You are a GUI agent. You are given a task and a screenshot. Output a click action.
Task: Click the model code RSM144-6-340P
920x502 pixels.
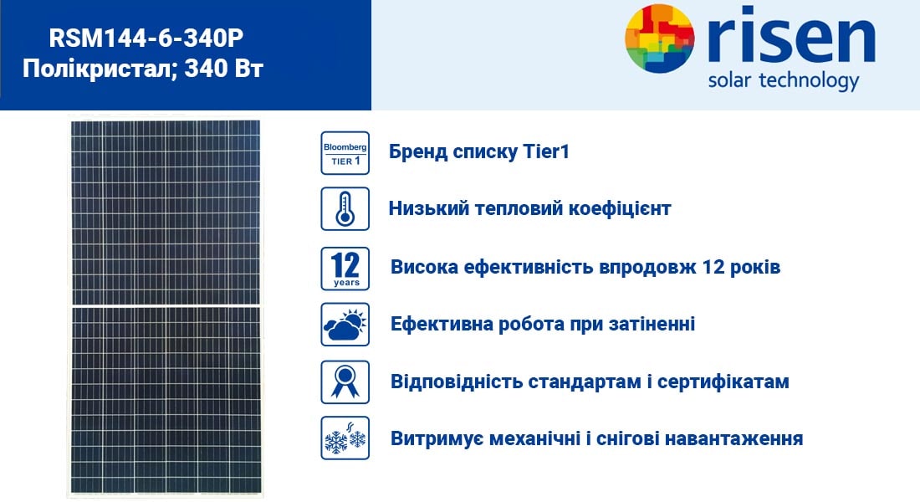click(146, 38)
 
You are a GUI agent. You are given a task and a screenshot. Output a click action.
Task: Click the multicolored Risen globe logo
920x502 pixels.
click(660, 38)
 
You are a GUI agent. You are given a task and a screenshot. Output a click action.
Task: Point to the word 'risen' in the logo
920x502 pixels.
click(791, 35)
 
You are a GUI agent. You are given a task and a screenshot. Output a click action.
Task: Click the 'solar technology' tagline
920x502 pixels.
click(784, 80)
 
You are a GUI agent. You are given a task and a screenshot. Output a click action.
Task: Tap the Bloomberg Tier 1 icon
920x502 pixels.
click(345, 152)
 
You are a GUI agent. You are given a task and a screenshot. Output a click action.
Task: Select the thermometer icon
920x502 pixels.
click(345, 208)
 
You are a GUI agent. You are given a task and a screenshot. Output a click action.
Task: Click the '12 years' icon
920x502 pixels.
click(345, 269)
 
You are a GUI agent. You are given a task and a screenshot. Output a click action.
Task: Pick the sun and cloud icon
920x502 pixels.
click(345, 324)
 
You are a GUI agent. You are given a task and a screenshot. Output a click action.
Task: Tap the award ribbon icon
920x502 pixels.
click(345, 382)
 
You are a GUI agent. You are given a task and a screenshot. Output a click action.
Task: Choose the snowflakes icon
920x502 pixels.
click(345, 438)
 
